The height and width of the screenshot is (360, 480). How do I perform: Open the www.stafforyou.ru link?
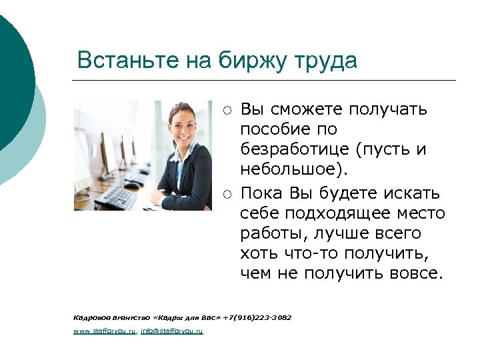(x=105, y=330)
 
